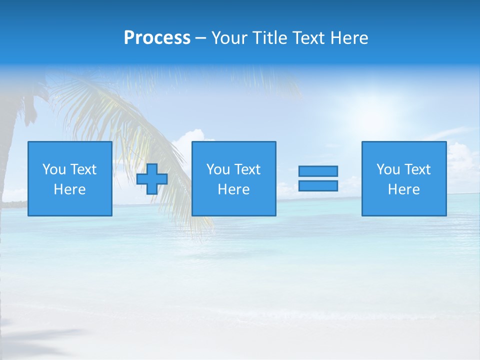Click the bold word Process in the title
point(157,38)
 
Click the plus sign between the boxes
point(152,179)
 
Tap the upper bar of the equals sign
point(318,171)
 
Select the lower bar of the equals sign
point(318,185)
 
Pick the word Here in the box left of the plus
point(69,189)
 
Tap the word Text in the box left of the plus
point(83,169)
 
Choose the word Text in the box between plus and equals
point(247,169)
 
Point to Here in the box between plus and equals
point(233,189)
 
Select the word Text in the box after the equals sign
point(417,169)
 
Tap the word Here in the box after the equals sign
point(403,189)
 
